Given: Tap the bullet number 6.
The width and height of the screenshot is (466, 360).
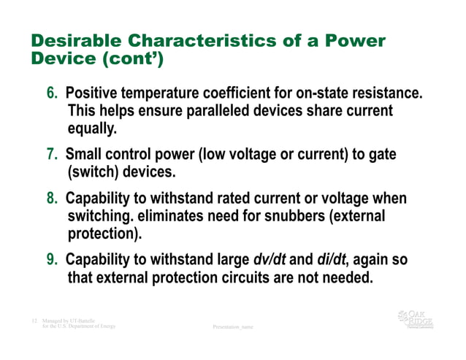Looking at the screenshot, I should (53, 94).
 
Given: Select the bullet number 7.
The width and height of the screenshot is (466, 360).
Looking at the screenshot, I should (53, 155).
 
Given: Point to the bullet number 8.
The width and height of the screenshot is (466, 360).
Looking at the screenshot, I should (53, 199).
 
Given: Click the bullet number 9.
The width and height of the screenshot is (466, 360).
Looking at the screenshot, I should (53, 261).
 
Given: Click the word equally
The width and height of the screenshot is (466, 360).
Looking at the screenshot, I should (92, 129).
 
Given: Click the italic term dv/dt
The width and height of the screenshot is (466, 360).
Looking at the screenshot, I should (272, 261).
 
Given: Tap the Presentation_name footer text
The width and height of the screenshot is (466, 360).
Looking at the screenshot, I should (232, 327).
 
